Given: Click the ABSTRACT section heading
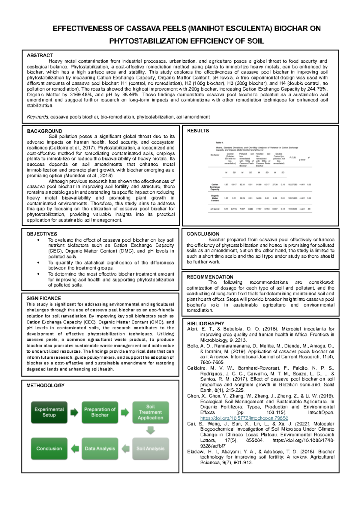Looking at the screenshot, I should click(40, 56).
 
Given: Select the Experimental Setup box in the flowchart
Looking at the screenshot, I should click(49, 412).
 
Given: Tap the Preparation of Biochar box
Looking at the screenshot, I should click(100, 412).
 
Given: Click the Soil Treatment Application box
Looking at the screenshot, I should click(150, 412).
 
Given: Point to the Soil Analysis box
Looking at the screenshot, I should click(150, 448).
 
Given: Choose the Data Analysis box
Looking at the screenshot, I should click(100, 448).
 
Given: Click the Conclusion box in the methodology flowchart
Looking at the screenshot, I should click(49, 448).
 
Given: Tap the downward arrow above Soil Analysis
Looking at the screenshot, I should click(150, 430).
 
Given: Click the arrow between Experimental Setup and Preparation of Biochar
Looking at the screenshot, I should click(74, 412).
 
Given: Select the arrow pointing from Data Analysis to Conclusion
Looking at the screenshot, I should click(74, 448).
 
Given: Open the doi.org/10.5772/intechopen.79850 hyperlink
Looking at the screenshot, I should click(244, 418).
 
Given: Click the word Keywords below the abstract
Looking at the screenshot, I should click(38, 117).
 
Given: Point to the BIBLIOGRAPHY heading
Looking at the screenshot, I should click(205, 324).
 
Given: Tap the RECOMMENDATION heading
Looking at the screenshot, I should click(210, 277).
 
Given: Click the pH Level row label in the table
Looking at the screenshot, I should click(215, 209).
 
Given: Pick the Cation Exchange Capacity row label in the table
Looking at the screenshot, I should click(215, 187).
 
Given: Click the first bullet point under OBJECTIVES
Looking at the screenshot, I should click(38, 240).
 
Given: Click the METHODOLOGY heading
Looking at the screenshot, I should click(45, 385).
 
